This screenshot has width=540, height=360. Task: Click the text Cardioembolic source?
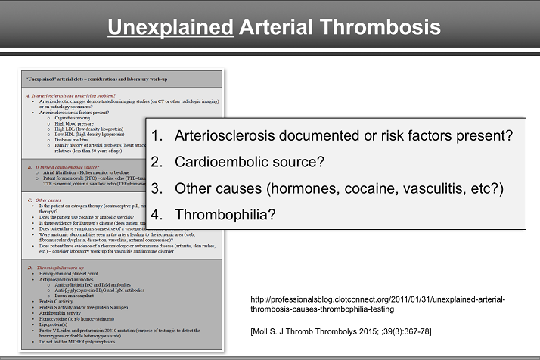tap(250, 162)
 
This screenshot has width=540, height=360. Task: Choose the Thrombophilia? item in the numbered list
tap(225, 213)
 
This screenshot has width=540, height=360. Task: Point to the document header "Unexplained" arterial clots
tap(83, 79)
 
